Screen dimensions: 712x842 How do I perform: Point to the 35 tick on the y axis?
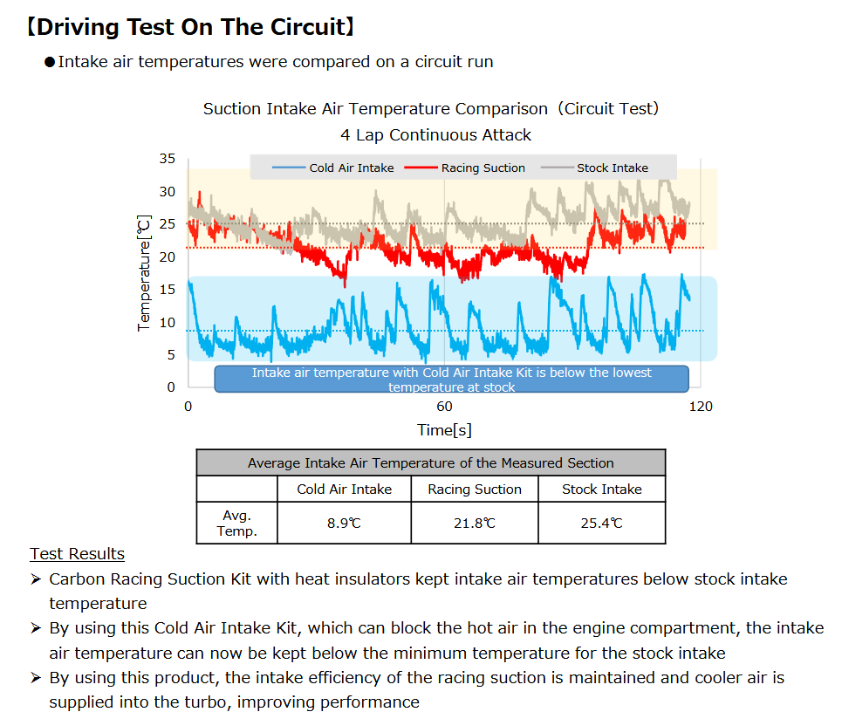167,159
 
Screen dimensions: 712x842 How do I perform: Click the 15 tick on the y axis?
167,290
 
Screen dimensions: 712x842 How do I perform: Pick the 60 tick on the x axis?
444,406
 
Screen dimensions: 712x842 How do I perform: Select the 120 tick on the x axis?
701,406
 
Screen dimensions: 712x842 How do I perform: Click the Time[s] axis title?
444,429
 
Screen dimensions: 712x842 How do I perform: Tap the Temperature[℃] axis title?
145,272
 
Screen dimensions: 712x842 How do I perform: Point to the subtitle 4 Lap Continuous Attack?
435,135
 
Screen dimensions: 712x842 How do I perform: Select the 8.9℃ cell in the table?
344,523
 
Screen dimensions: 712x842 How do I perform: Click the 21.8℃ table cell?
474,523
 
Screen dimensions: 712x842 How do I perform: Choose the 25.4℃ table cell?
601,523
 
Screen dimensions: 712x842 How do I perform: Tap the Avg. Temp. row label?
236,523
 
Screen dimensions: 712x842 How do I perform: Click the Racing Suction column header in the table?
474,489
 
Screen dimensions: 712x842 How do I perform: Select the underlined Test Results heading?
77,554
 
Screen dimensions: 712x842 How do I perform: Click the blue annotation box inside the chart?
451,379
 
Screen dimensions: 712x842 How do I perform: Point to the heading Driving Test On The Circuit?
189,27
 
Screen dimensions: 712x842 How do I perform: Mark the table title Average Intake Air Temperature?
430,462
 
